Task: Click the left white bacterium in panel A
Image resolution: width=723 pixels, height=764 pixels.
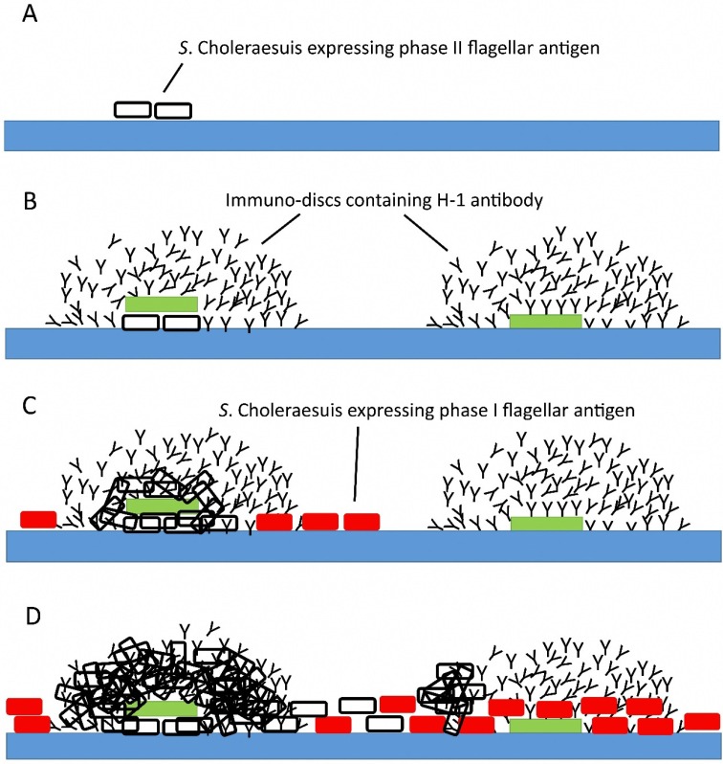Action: [x=133, y=109]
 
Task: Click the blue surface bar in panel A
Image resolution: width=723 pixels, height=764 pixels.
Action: [x=361, y=135]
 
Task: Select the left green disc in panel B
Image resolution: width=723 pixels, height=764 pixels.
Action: [x=161, y=303]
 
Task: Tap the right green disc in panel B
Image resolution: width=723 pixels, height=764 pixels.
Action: [x=545, y=321]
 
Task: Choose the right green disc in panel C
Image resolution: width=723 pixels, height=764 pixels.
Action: [x=545, y=524]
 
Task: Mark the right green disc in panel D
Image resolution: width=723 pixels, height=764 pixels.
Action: [x=545, y=726]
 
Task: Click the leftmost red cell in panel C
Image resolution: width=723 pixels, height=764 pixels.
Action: [x=38, y=519]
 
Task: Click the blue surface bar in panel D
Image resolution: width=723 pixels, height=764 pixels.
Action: [x=361, y=748]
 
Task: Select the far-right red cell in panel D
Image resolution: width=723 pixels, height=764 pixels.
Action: [x=702, y=721]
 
